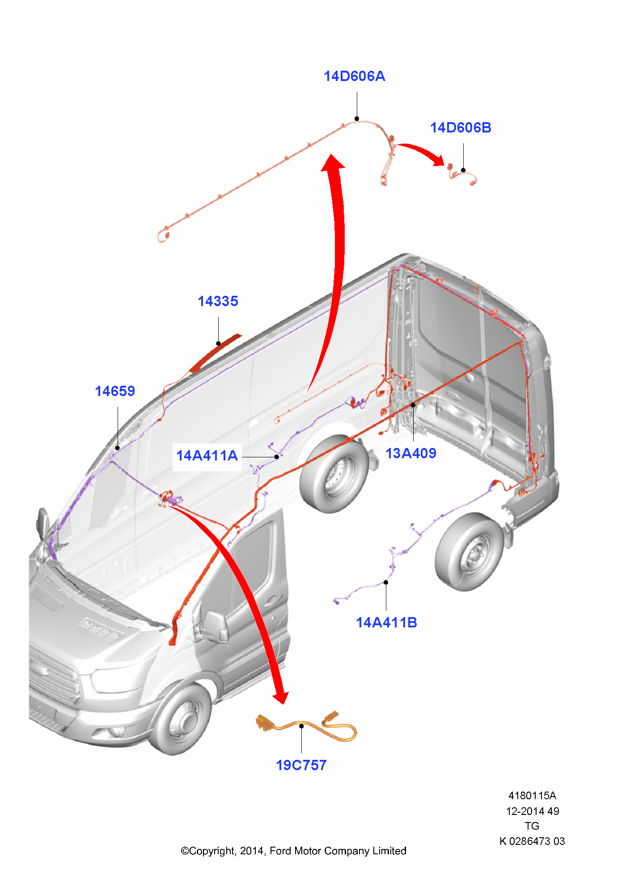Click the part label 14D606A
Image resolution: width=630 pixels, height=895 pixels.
354,77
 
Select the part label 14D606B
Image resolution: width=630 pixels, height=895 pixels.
461,128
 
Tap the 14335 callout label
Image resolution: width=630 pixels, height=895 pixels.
218,302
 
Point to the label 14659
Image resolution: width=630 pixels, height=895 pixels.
115,392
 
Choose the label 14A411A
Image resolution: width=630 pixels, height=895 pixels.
207,456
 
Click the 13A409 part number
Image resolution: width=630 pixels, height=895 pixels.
411,454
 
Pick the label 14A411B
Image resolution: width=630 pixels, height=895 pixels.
386,623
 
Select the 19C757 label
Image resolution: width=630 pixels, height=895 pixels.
301,766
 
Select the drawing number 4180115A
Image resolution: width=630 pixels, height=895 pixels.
532,796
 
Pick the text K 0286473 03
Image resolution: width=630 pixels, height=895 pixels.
532,841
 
